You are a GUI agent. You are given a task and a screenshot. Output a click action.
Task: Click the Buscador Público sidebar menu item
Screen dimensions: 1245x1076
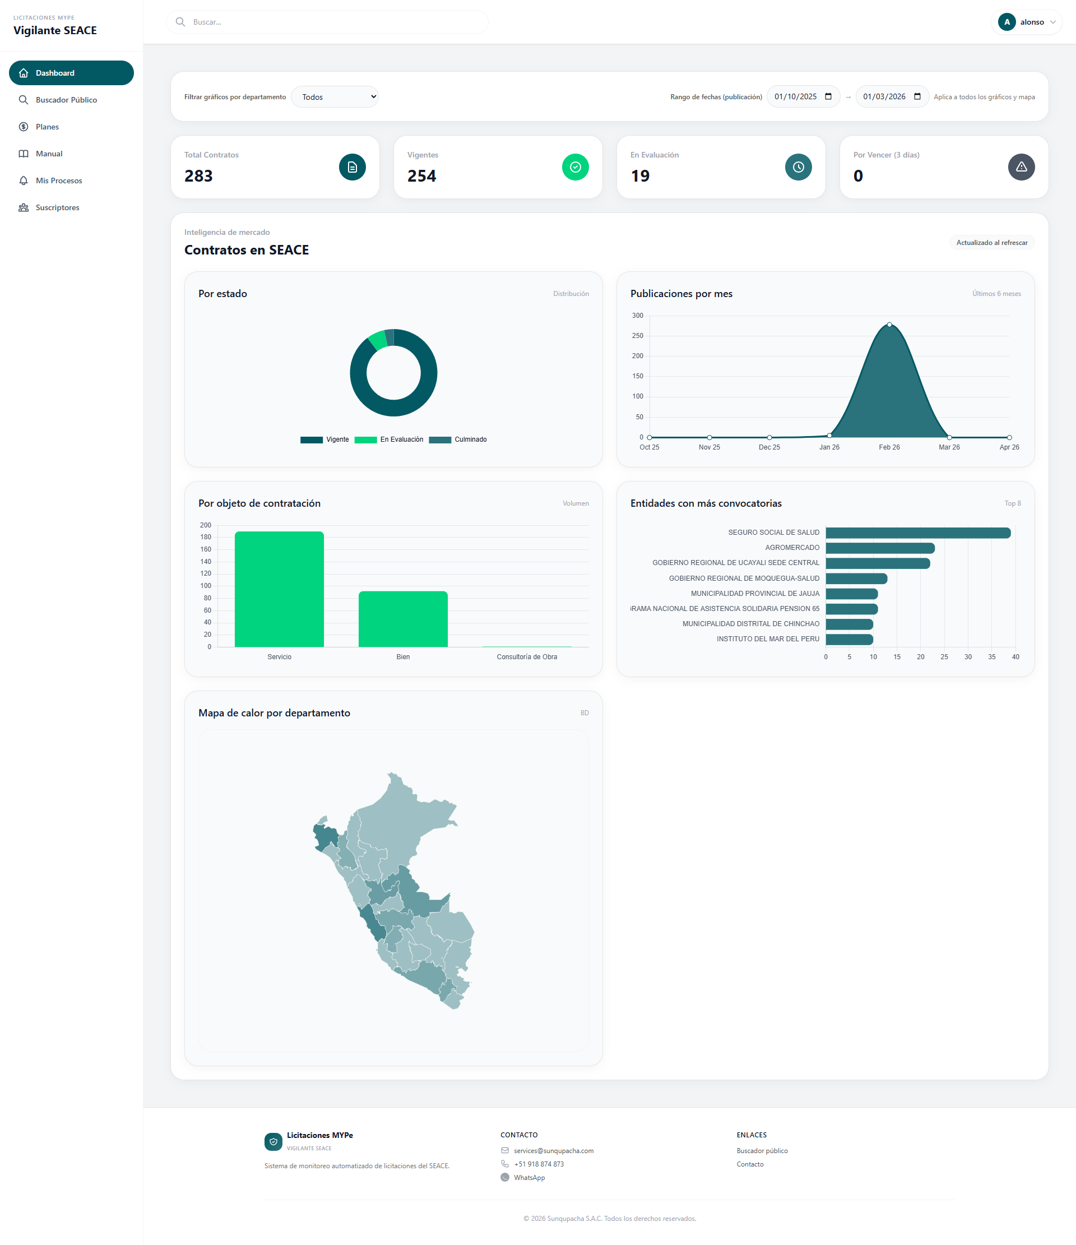point(66,100)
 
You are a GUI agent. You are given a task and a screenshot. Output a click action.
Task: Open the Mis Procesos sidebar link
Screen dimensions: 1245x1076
point(58,180)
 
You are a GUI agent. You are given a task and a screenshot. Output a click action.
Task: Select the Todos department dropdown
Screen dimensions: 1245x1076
point(335,97)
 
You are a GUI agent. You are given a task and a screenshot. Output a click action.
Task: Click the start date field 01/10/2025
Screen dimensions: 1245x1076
point(796,97)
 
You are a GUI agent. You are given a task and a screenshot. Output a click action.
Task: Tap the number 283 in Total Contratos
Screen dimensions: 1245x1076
point(199,176)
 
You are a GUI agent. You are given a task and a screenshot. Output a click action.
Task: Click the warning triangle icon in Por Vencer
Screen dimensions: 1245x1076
point(1021,167)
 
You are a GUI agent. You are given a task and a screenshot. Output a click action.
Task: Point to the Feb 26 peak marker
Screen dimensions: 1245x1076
point(889,325)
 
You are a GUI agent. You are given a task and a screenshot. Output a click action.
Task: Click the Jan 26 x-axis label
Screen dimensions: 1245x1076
point(829,447)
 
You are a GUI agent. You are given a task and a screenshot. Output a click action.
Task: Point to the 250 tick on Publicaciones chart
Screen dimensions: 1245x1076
point(637,336)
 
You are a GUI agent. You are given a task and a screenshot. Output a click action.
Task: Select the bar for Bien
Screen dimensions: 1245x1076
point(403,619)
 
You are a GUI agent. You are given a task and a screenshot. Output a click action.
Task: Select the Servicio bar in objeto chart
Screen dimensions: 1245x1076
point(279,589)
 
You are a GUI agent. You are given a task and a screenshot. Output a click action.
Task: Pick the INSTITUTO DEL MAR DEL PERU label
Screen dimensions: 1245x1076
point(767,638)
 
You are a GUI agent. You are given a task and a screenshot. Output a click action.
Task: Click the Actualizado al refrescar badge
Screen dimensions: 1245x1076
point(991,243)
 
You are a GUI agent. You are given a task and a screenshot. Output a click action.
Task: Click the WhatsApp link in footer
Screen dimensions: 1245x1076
point(529,1178)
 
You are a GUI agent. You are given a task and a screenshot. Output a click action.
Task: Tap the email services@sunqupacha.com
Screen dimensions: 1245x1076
point(553,1151)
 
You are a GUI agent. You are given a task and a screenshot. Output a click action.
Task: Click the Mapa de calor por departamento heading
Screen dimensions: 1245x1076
point(274,712)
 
